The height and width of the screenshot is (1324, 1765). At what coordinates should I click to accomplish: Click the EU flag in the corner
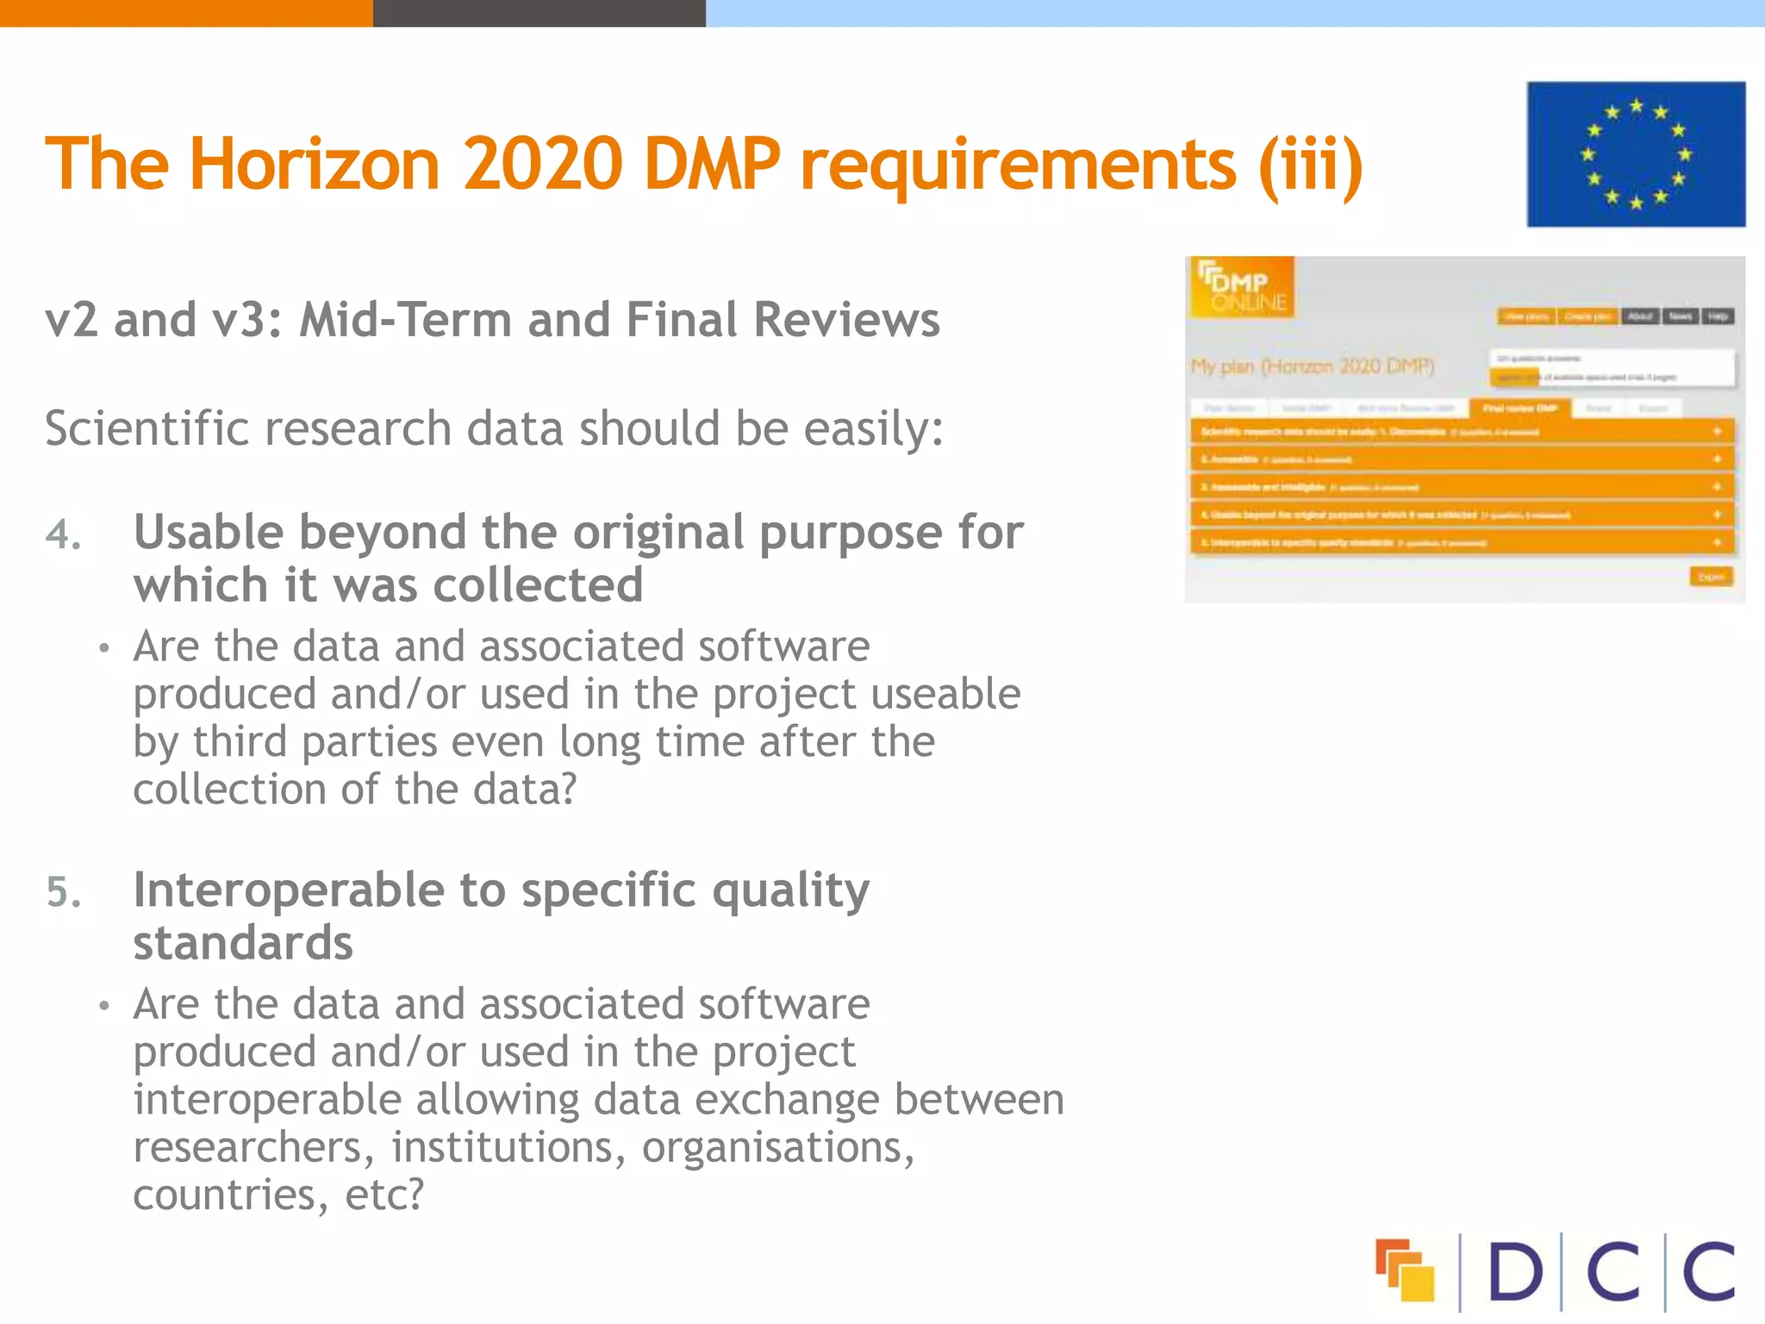[1636, 154]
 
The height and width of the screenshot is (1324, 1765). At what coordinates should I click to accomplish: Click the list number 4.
[63, 535]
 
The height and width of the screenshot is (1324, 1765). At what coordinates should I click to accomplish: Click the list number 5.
[63, 892]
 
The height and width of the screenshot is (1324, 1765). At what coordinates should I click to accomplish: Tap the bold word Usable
[208, 532]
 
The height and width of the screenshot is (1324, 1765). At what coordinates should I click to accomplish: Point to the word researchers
[253, 1147]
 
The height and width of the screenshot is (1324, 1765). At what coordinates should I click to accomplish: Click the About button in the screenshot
[1640, 316]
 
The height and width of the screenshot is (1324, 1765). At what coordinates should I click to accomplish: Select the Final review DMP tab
[1520, 408]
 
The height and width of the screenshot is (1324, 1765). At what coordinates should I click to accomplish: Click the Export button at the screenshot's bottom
[1711, 577]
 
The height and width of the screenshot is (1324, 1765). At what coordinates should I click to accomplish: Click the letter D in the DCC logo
[1514, 1271]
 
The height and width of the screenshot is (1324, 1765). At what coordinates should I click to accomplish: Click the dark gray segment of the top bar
[539, 13]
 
